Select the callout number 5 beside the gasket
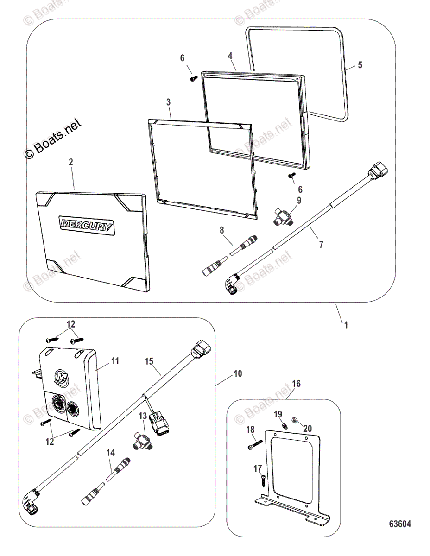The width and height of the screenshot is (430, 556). (x=360, y=65)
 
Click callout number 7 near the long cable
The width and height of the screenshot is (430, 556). (x=321, y=245)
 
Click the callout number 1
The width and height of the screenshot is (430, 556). (x=346, y=325)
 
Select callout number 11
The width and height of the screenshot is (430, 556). (x=115, y=360)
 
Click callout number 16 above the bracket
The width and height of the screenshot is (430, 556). (x=296, y=384)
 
